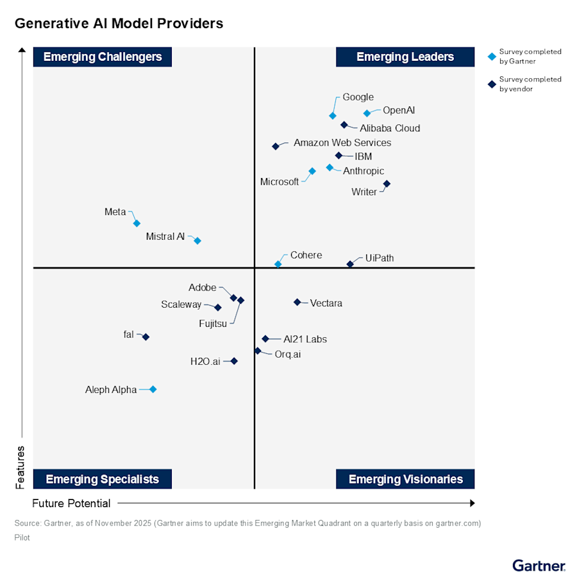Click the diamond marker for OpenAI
point(367,113)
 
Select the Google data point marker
point(333,116)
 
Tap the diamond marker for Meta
point(137,223)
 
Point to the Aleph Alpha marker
point(153,389)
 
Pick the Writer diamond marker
point(387,184)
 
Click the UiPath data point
point(350,264)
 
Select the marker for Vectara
point(297,302)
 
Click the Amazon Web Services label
point(342,143)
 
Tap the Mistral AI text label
point(165,237)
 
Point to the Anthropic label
point(364,171)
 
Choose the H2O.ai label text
point(205,362)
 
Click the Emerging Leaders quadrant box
point(405,57)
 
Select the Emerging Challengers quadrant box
point(103,57)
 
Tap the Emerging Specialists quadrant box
point(103,479)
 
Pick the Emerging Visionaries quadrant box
point(405,479)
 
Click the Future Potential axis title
point(71,503)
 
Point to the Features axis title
point(21,467)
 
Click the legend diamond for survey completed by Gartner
point(492,56)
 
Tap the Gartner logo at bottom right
point(539,565)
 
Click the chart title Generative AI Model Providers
point(119,24)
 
